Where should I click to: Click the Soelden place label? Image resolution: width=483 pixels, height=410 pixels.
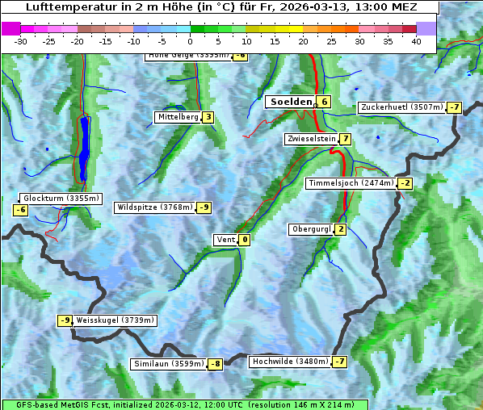pyautogui.click(x=291, y=102)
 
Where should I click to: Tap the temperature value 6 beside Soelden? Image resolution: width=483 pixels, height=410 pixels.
pyautogui.click(x=324, y=102)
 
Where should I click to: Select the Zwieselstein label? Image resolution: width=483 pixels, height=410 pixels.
pyautogui.click(x=311, y=139)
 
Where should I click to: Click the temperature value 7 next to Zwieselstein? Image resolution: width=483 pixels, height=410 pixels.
pyautogui.click(x=346, y=139)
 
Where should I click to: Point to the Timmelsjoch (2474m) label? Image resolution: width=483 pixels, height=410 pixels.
pyautogui.click(x=351, y=183)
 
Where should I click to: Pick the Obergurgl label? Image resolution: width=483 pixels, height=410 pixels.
pyautogui.click(x=311, y=229)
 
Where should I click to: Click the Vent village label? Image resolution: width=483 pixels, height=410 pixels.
pyautogui.click(x=225, y=239)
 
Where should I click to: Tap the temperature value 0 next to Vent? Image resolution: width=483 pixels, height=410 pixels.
pyautogui.click(x=244, y=239)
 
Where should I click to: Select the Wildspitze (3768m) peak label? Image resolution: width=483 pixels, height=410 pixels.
pyautogui.click(x=155, y=207)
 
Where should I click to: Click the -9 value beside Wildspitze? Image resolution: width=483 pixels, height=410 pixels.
pyautogui.click(x=204, y=207)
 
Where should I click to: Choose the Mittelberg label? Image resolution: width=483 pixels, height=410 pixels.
pyautogui.click(x=178, y=117)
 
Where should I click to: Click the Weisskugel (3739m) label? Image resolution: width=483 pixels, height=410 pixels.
pyautogui.click(x=115, y=320)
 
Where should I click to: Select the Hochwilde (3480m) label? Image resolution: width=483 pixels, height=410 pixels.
pyautogui.click(x=290, y=362)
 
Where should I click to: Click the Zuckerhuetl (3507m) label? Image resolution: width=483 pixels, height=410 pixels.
pyautogui.click(x=401, y=107)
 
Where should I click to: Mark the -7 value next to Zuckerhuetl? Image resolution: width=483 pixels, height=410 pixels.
pyautogui.click(x=455, y=107)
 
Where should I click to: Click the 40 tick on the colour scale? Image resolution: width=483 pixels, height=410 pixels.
pyautogui.click(x=416, y=41)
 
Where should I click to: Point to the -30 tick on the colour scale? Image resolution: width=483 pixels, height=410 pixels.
pyautogui.click(x=21, y=41)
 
